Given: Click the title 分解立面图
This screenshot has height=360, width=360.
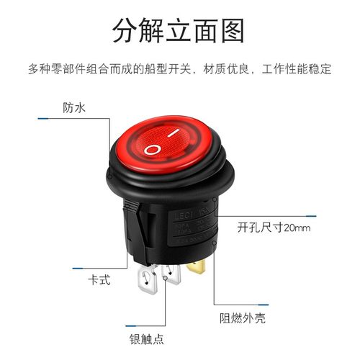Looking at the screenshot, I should (179, 31).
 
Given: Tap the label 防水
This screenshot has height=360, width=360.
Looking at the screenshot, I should (73, 108).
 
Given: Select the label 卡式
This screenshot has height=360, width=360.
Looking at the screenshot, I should (98, 280).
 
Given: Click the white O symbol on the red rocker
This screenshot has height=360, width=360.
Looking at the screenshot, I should (153, 149).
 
